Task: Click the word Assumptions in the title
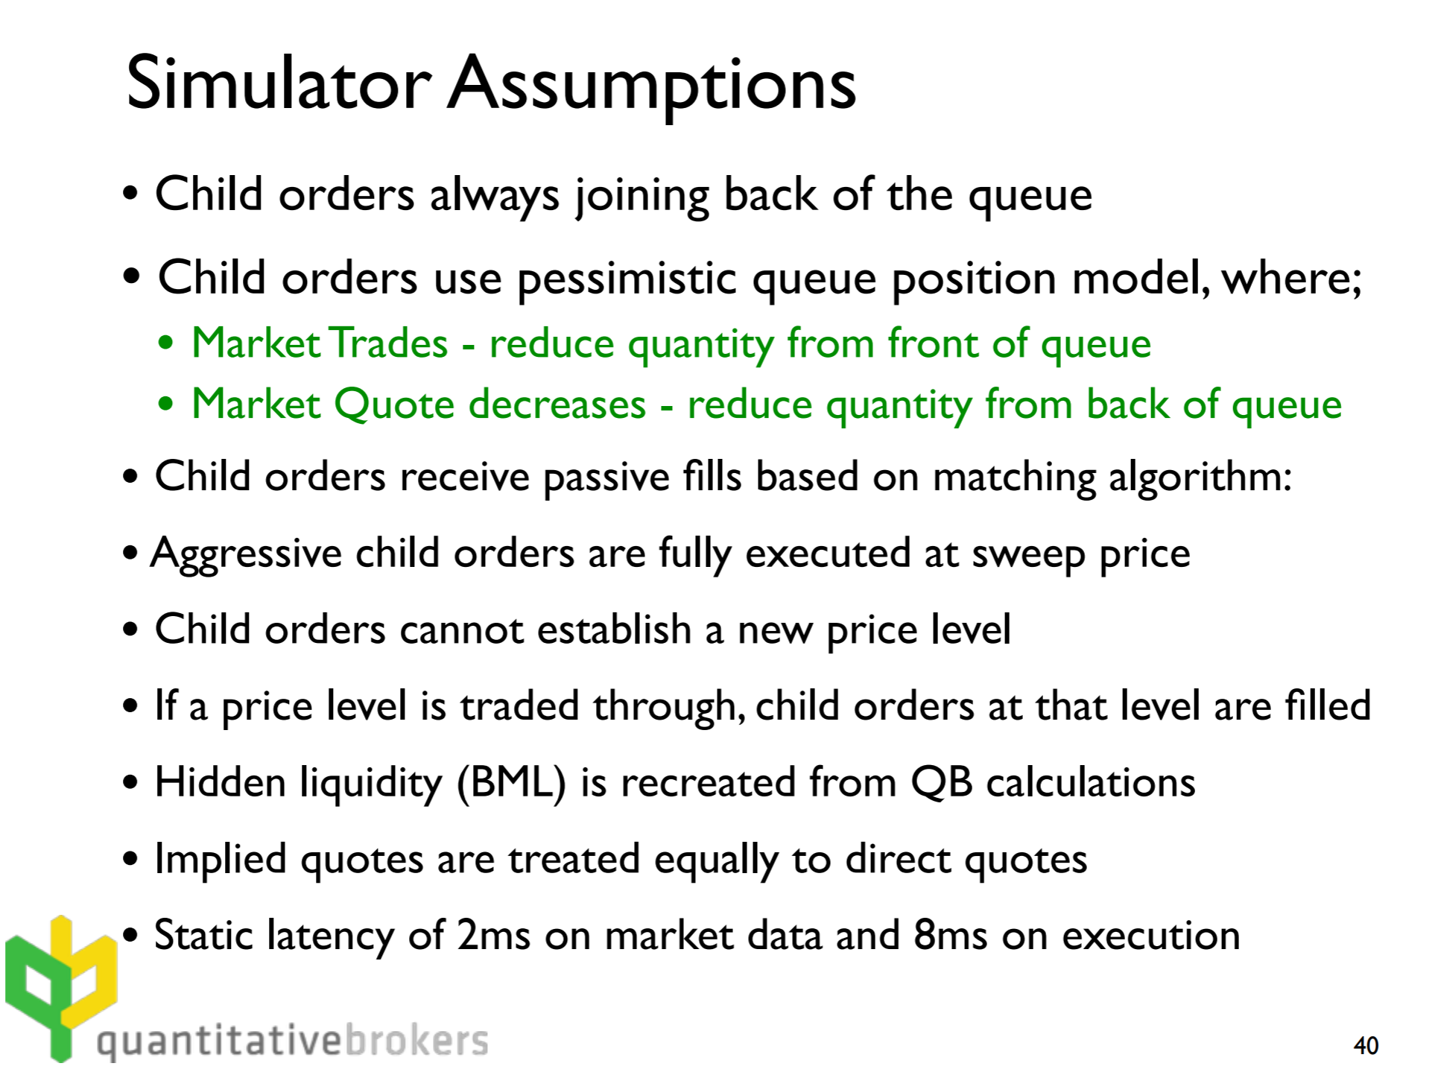point(652,87)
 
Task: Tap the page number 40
point(1366,1045)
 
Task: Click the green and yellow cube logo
point(61,987)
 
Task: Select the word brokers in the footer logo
point(417,1040)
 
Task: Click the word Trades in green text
point(388,343)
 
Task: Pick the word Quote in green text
point(394,405)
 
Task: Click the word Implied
point(221,860)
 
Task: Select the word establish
point(615,630)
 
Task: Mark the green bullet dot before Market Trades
point(166,344)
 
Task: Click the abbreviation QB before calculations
point(942,783)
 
